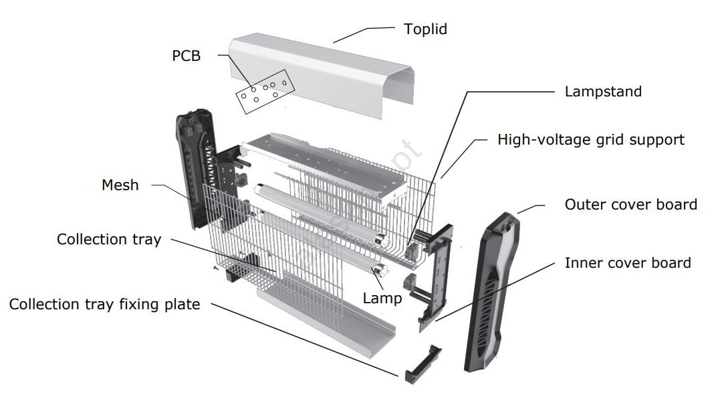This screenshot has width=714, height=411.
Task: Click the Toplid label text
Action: tap(425, 29)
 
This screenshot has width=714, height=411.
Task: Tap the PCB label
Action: tap(186, 56)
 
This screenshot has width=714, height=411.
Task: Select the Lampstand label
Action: tap(603, 91)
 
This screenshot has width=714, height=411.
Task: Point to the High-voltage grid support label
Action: tap(591, 140)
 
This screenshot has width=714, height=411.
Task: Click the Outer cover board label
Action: tap(630, 204)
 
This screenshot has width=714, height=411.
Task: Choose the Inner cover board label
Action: tap(627, 262)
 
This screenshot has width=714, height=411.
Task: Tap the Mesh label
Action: tap(120, 185)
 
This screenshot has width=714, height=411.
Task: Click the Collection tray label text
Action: tap(109, 240)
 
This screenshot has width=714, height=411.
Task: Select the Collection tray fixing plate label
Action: tap(104, 305)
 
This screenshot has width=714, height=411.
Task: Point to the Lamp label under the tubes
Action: tap(382, 299)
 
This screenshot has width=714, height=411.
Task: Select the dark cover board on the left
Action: tap(196, 167)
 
